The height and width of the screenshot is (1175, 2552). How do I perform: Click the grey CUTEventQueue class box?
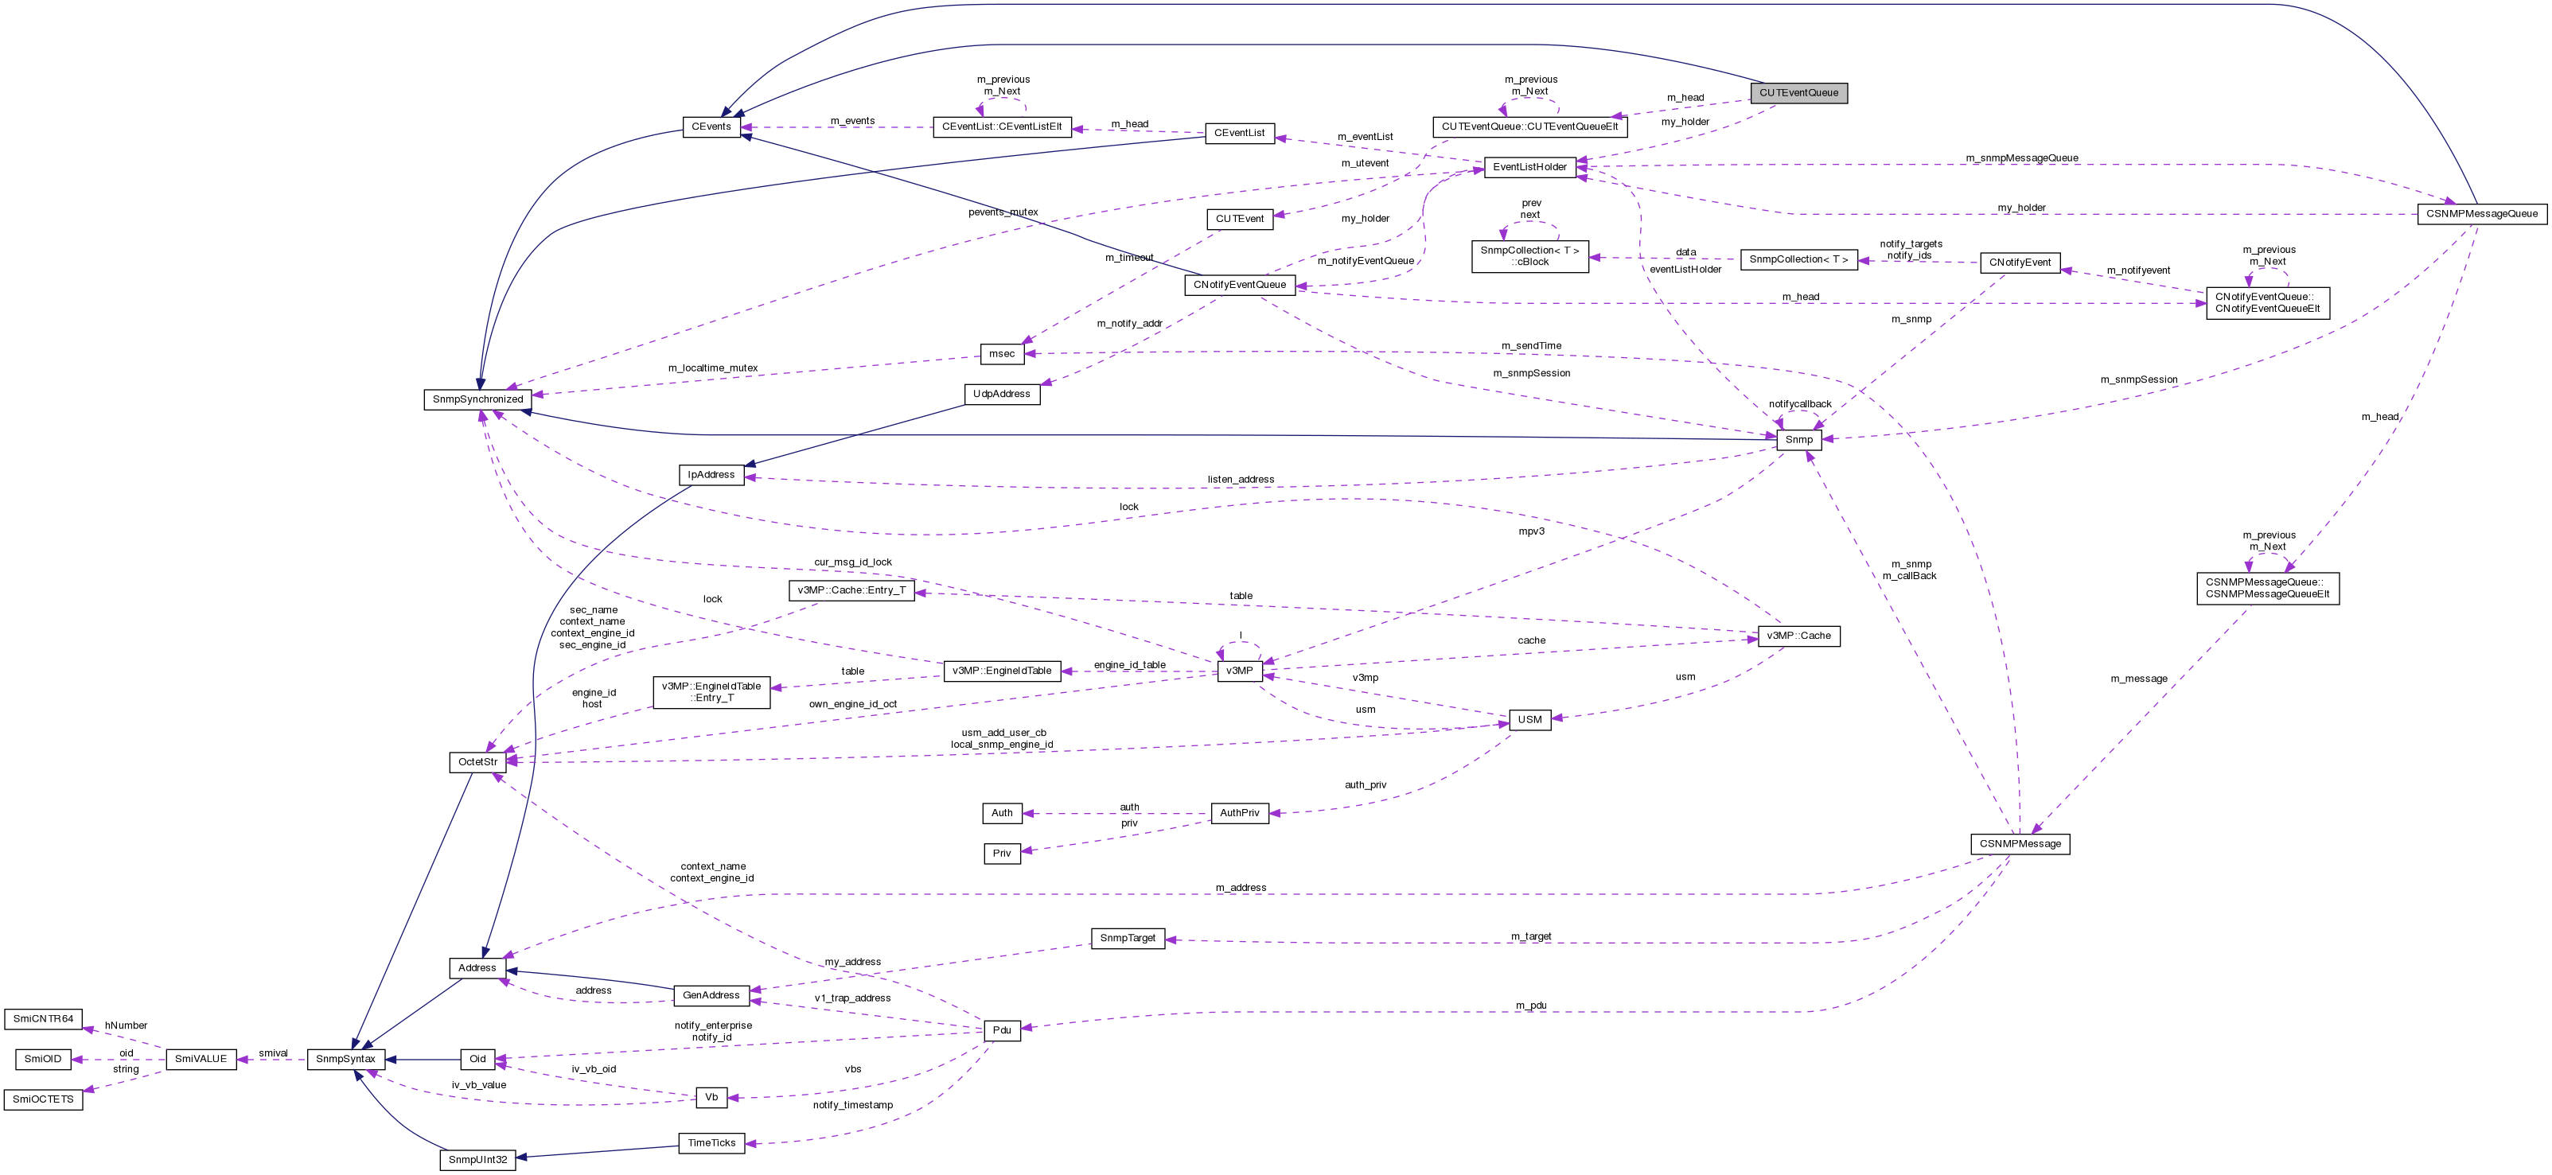point(1798,93)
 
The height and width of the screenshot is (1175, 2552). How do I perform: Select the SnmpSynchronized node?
point(477,399)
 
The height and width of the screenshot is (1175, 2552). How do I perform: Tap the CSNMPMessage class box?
point(2019,844)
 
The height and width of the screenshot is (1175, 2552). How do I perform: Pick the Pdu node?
point(1002,1030)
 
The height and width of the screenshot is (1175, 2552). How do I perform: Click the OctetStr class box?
point(477,762)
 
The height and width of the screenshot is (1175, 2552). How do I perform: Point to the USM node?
point(1529,719)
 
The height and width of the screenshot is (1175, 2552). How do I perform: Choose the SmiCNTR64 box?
point(43,1018)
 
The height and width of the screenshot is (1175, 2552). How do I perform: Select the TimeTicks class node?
point(711,1143)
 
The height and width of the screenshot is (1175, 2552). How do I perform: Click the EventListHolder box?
point(1529,167)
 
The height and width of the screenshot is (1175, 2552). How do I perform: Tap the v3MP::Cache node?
point(1798,636)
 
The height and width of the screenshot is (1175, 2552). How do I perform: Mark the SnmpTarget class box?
point(1128,938)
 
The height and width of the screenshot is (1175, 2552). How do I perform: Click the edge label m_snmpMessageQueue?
point(2021,158)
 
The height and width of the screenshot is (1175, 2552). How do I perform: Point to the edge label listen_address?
point(1241,480)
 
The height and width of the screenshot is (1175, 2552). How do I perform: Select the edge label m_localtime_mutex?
point(712,368)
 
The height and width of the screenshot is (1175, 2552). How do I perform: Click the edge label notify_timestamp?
point(852,1105)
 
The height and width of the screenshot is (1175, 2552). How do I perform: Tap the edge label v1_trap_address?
point(852,998)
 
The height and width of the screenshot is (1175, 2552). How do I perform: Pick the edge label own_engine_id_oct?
point(852,704)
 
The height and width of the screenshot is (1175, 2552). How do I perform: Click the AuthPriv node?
point(1239,813)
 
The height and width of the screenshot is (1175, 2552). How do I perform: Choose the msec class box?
point(1002,354)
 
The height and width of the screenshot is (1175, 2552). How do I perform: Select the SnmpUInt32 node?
point(477,1160)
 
